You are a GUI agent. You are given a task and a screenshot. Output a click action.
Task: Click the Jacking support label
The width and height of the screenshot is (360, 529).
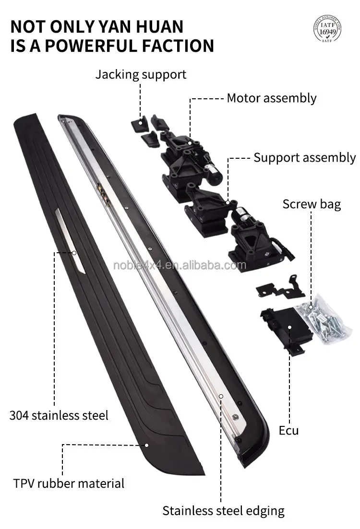pos(140,74)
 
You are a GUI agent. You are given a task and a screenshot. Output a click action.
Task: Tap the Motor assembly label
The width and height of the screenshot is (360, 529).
pos(271,98)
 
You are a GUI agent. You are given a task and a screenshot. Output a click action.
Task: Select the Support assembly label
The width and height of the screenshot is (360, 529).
pos(305,157)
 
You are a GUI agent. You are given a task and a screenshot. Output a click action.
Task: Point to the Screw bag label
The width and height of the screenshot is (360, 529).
pos(312,204)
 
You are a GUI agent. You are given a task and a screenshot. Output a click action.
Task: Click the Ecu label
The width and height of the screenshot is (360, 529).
pos(288,430)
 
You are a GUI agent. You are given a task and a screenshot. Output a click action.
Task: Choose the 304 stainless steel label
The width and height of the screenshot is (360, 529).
pos(59,414)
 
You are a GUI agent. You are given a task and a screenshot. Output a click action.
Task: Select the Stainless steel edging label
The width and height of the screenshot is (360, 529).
pos(223,510)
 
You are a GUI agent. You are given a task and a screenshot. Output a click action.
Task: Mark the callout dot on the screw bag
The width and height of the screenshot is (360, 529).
pos(311,306)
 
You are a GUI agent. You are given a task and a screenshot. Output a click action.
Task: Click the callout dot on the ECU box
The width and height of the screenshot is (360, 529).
pos(290,327)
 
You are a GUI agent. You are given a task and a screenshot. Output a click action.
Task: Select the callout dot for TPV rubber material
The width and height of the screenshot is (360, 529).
pos(147,445)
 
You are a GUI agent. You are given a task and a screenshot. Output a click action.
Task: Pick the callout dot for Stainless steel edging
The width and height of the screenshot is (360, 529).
pos(221,396)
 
